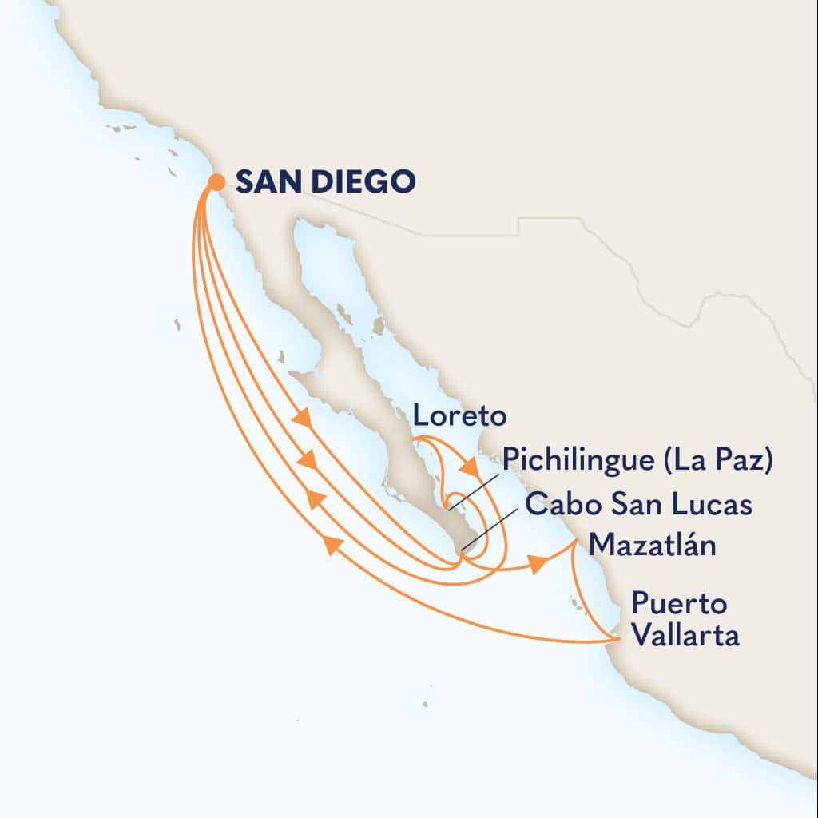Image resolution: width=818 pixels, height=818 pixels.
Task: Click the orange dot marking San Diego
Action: coord(216,182)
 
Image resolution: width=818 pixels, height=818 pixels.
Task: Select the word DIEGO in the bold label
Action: coord(367,181)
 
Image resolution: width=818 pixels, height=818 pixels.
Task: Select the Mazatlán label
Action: coord(651,546)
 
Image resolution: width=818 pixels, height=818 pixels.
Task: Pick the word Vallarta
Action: coord(685,637)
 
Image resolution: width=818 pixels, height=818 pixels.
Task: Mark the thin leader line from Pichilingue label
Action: coord(474,489)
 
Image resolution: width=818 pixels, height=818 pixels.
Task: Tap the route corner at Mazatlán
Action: coord(577,542)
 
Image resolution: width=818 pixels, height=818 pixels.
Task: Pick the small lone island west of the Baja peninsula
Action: coord(177,324)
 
